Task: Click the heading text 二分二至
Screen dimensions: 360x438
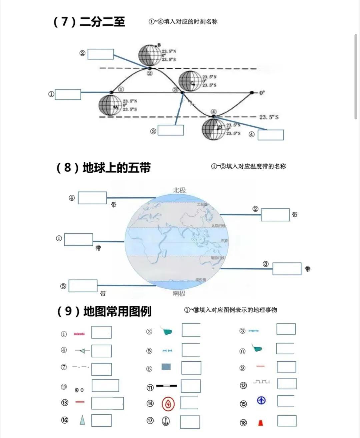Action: tap(102, 22)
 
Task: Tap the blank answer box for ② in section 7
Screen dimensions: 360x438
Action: tap(101, 54)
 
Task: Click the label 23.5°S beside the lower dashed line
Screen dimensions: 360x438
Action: tap(269, 117)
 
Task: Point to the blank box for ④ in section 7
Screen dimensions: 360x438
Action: tap(271, 135)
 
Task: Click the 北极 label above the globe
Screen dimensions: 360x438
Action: tap(179, 190)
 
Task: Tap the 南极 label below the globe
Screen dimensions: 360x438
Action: tap(179, 293)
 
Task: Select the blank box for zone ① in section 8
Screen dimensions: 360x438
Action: tap(79, 240)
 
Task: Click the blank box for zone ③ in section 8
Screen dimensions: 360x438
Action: tap(287, 269)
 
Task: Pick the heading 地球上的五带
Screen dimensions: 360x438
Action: tap(116, 167)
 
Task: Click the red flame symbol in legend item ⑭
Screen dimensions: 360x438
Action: tap(168, 404)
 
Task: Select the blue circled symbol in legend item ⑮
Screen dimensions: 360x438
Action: tap(261, 400)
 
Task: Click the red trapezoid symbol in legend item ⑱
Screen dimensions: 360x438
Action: tap(260, 423)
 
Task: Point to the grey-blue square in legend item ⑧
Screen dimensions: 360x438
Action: tap(166, 367)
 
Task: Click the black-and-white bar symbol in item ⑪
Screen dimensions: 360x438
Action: tap(167, 386)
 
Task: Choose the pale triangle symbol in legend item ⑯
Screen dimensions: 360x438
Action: tap(82, 420)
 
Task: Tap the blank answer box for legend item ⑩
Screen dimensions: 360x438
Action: tap(105, 386)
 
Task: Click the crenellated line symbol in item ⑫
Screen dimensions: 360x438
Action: tap(261, 381)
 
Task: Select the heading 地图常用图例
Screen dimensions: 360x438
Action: tap(117, 311)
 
